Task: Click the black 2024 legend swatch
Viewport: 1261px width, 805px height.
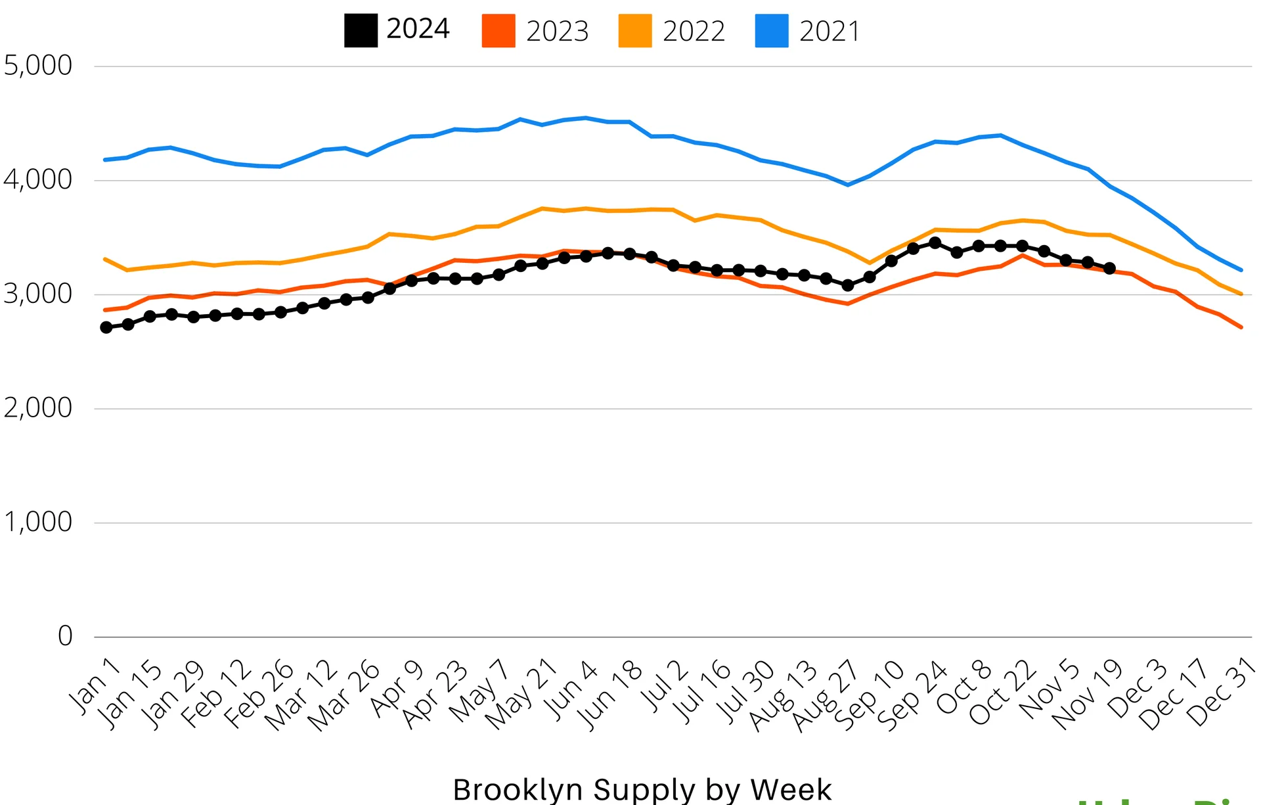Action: click(361, 31)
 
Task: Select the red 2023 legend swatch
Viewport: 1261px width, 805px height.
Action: click(498, 31)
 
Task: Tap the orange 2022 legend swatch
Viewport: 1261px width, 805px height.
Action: click(635, 31)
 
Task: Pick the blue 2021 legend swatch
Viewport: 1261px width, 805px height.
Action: click(772, 31)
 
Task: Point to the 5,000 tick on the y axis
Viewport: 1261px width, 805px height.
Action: click(38, 66)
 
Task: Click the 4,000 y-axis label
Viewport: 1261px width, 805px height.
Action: click(38, 179)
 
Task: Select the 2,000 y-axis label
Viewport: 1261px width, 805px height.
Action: click(38, 408)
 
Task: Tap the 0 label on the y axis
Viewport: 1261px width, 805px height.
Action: click(65, 636)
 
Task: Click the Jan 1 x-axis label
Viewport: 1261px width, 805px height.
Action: click(96, 685)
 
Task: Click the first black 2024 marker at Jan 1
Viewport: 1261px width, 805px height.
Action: click(106, 327)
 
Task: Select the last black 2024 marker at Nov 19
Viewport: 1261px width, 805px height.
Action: click(1110, 268)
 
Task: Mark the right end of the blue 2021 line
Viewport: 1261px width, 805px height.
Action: click(1241, 269)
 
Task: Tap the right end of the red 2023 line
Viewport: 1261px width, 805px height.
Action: click(1241, 327)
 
